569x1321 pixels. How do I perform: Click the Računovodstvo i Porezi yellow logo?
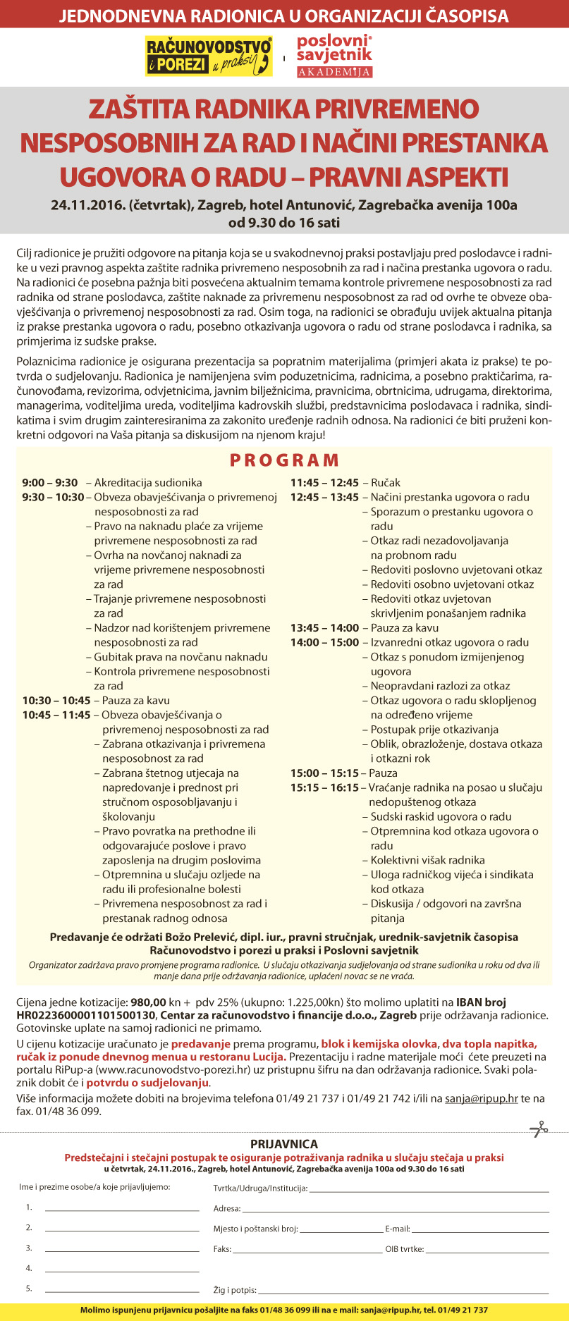(x=209, y=56)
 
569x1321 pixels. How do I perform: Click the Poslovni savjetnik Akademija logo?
(x=334, y=56)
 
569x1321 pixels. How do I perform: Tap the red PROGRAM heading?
(x=284, y=460)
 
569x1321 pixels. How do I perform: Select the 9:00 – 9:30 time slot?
(x=50, y=483)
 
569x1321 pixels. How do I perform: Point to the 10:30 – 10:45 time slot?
(x=56, y=700)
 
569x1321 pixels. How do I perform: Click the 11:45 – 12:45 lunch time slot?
(x=325, y=483)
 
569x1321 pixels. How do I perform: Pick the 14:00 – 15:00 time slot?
(x=325, y=642)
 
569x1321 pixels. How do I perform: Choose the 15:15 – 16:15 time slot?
(x=325, y=787)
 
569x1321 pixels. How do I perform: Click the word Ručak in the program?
(x=386, y=483)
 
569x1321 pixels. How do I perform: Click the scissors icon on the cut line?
(x=539, y=1129)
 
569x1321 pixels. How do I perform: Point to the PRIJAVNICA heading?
(x=284, y=1144)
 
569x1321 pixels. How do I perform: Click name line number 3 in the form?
(x=121, y=1250)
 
